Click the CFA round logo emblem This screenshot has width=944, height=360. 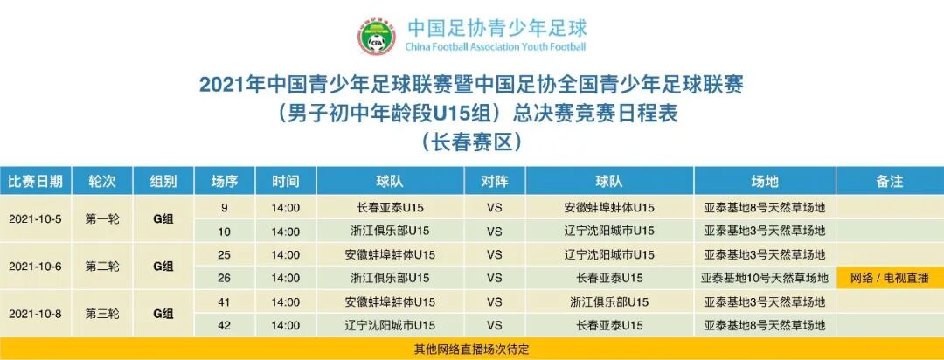pos(376,36)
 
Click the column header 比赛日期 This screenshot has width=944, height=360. pos(36,182)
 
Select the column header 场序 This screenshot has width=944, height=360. pos(225,182)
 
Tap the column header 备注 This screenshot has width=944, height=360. pos(889,182)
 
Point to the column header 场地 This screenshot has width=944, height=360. pos(765,182)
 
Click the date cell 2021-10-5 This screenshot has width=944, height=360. pos(36,219)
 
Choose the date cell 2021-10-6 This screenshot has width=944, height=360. pos(36,267)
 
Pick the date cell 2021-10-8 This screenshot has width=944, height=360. pos(36,314)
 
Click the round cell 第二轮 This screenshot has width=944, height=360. pos(102,267)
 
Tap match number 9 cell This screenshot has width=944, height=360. pos(225,208)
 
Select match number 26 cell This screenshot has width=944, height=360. pos(225,279)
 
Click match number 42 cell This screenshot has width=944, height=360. pos(225,326)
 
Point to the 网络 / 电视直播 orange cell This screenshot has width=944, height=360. pos(889,279)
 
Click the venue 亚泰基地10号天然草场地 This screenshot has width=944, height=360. pos(765,279)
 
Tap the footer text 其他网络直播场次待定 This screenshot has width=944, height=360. pos(472,349)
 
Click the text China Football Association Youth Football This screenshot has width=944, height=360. pos(496,46)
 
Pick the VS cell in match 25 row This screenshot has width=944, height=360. pos(495,255)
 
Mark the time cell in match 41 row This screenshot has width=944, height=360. pos(285,302)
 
